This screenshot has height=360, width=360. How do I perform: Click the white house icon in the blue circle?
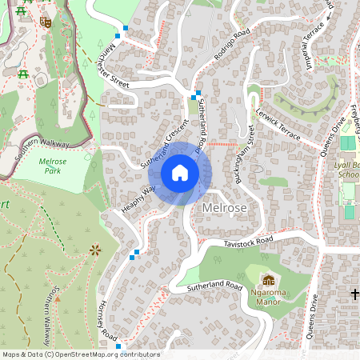[x=179, y=172]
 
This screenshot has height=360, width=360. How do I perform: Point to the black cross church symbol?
[x=354, y=295]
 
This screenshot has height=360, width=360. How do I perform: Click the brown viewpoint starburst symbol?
[x=96, y=250]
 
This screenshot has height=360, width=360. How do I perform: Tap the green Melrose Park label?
[x=52, y=166]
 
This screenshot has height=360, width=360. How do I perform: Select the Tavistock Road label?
[x=249, y=241]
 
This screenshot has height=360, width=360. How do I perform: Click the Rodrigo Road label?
[x=232, y=45]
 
